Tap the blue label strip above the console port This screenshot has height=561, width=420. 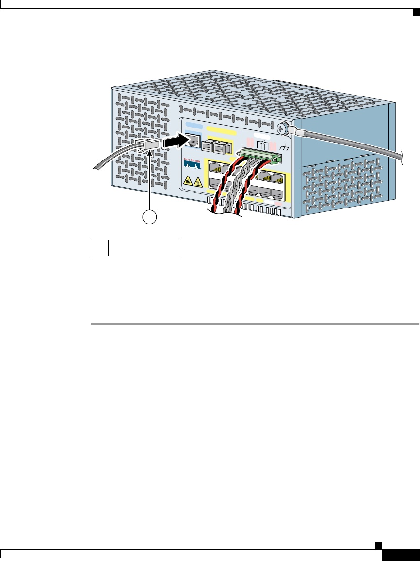click(193, 128)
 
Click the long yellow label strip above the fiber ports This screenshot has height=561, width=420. click(221, 131)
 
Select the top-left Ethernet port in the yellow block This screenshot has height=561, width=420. click(215, 169)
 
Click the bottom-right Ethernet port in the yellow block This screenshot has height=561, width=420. click(278, 194)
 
